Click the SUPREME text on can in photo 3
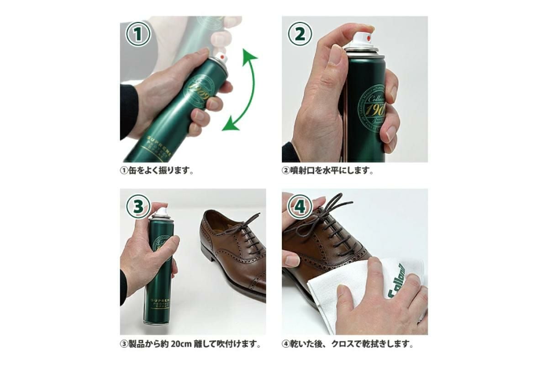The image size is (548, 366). (x=160, y=301)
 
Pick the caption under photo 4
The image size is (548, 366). (x=347, y=343)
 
